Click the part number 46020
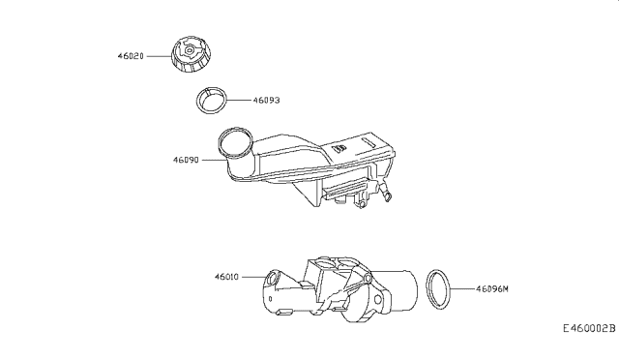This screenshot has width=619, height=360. (x=131, y=56)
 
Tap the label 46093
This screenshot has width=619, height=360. (x=267, y=101)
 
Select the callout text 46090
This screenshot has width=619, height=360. (x=186, y=160)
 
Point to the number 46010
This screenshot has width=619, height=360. (x=227, y=277)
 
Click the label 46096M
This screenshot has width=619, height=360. (x=492, y=289)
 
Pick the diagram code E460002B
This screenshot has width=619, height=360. (x=589, y=328)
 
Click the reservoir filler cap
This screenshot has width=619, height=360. (x=192, y=54)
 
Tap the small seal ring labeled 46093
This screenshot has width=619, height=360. (x=212, y=100)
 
